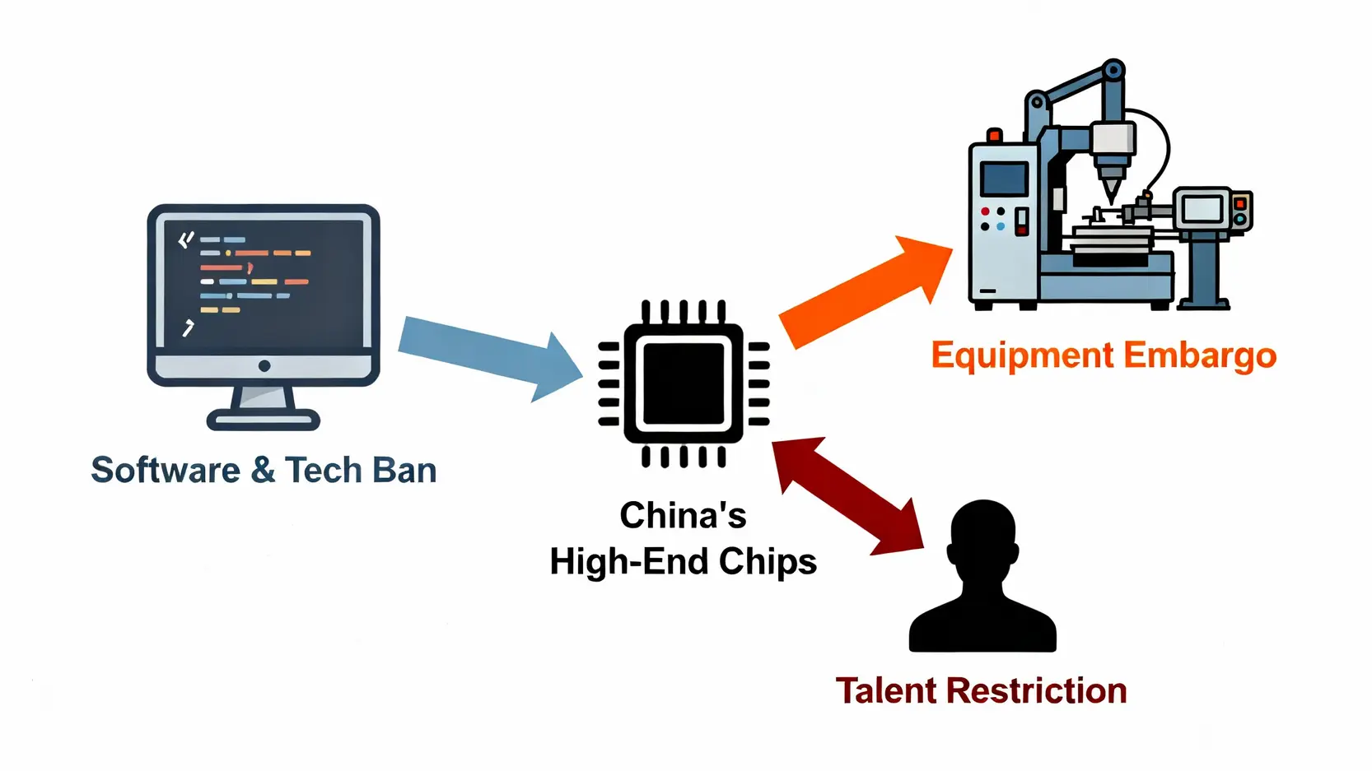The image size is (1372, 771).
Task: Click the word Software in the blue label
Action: tap(166, 471)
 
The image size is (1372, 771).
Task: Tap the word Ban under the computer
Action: tap(404, 471)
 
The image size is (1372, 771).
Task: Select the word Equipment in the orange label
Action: tap(1022, 356)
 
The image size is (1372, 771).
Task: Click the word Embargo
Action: tap(1200, 356)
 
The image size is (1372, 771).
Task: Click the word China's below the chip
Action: tap(683, 516)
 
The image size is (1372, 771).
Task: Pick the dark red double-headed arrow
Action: tap(849, 495)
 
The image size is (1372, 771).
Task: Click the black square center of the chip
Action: tap(684, 383)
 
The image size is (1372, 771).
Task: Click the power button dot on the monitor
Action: tap(264, 366)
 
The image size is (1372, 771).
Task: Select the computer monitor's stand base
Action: tap(264, 420)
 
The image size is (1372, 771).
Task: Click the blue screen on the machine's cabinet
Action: tap(1005, 179)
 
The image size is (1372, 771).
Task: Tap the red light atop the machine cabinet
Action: tap(994, 135)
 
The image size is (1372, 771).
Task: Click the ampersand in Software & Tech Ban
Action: tap(264, 471)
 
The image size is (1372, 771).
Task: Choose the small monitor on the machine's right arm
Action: tap(1202, 209)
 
